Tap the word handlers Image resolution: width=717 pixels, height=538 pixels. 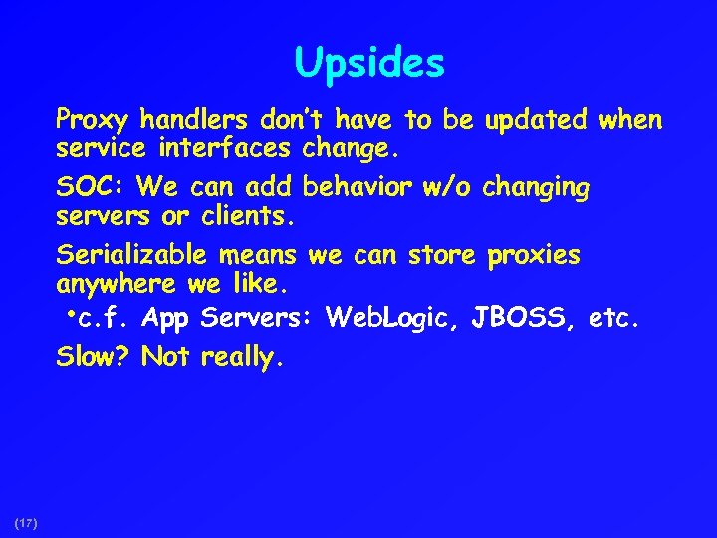click(x=195, y=121)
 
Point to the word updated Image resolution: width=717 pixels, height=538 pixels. click(x=537, y=122)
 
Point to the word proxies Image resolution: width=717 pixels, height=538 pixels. click(x=533, y=256)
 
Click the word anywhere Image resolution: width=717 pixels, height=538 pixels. click(x=119, y=286)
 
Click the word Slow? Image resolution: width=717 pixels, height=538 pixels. click(x=94, y=356)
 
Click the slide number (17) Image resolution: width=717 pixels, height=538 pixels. click(x=26, y=522)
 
